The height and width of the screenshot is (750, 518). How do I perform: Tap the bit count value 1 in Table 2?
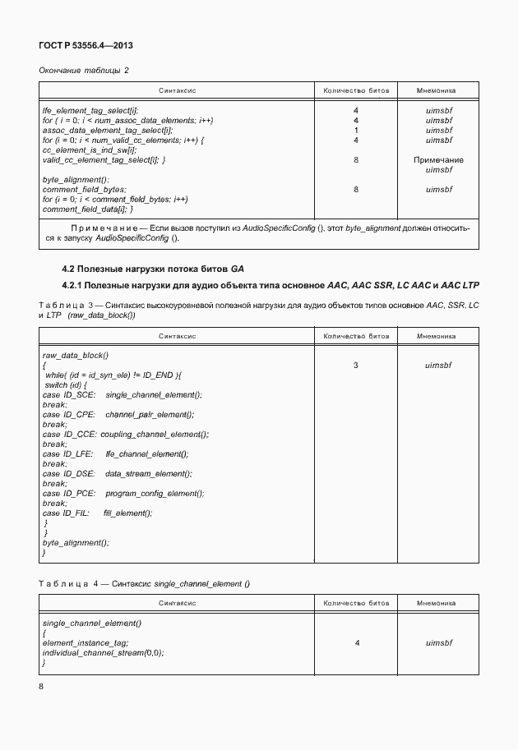[x=356, y=130]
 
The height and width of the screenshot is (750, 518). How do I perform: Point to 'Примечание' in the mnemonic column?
[x=438, y=160]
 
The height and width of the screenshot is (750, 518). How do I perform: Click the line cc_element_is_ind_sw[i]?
[x=89, y=150]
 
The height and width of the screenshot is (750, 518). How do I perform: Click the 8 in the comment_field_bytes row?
[x=356, y=189]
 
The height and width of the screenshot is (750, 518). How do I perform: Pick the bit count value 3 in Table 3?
[x=356, y=365]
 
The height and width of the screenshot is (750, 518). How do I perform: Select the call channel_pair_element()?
[x=149, y=415]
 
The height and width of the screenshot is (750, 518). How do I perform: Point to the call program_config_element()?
[x=155, y=494]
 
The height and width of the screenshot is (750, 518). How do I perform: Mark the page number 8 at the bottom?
[x=43, y=685]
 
